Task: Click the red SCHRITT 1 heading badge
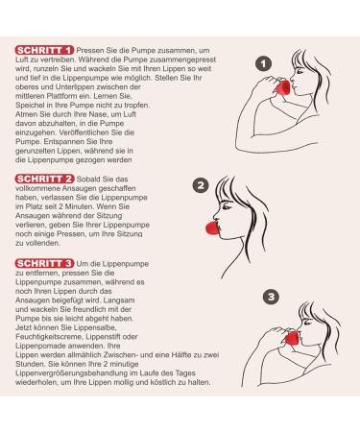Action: [44, 50]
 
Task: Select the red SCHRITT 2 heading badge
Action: [44, 179]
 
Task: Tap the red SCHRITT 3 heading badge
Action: [44, 263]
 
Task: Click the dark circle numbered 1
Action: [263, 64]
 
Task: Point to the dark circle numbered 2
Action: [201, 185]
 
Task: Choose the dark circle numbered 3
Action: [271, 297]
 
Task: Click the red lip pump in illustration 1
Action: [283, 87]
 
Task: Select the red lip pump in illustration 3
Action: [292, 338]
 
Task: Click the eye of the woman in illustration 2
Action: [227, 206]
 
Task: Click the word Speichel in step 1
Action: [28, 106]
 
